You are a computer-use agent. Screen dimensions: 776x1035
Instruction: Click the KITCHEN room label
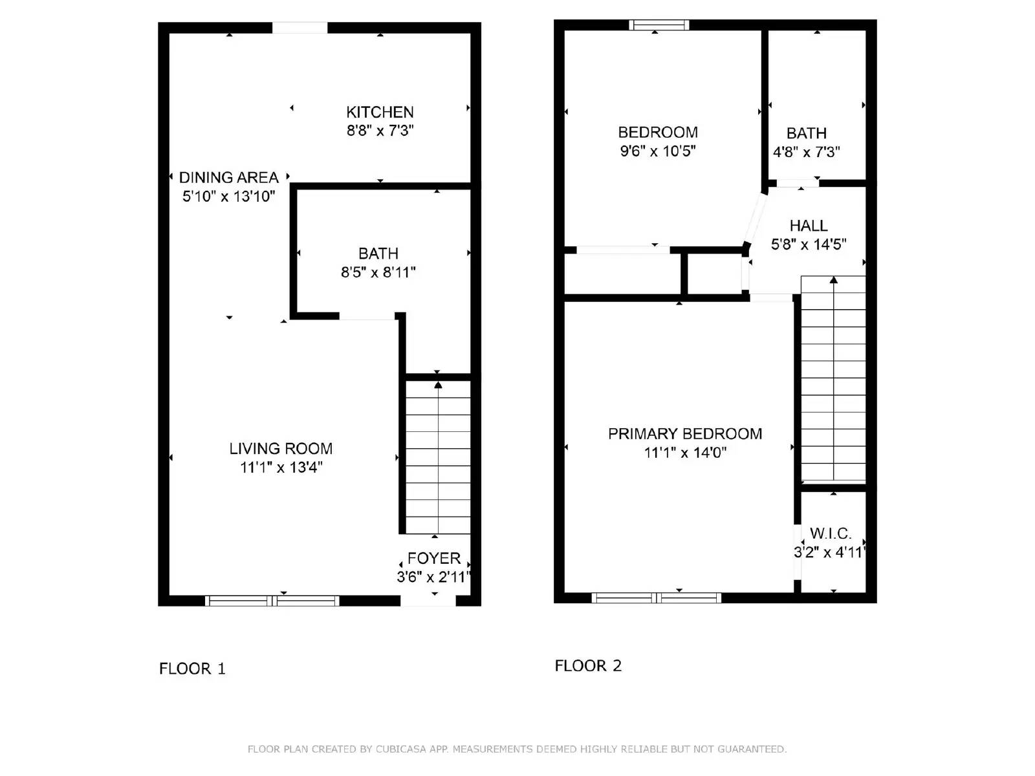coord(380,112)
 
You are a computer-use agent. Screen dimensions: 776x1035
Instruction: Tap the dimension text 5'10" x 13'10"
coord(228,197)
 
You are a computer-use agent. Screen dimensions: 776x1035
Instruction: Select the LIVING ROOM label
coord(281,448)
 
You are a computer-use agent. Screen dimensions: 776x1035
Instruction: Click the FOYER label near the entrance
coord(433,558)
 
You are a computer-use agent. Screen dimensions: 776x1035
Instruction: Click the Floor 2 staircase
coord(833,379)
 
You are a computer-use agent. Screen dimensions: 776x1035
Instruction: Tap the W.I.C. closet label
coord(831,533)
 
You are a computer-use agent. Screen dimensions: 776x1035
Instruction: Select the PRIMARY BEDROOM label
coord(684,434)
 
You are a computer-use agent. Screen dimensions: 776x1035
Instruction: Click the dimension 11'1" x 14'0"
coord(684,453)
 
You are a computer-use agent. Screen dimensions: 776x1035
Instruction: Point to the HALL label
coord(808,226)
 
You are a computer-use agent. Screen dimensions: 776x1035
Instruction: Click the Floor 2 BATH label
coord(806,133)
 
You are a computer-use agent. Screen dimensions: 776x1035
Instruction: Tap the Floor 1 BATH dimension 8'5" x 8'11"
coord(378,272)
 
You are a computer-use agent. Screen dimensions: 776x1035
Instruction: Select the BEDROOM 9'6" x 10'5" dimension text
coord(657,151)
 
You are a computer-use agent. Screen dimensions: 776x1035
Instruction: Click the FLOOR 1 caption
coord(192,669)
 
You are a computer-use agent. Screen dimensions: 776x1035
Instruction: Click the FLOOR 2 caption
coord(587,666)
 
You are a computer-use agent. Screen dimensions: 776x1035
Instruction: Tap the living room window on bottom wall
coord(272,601)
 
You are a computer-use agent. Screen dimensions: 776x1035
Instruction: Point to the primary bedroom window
coord(656,598)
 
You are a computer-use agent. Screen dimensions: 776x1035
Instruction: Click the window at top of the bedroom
coord(659,25)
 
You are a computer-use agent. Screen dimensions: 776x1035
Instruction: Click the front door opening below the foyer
coord(428,601)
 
